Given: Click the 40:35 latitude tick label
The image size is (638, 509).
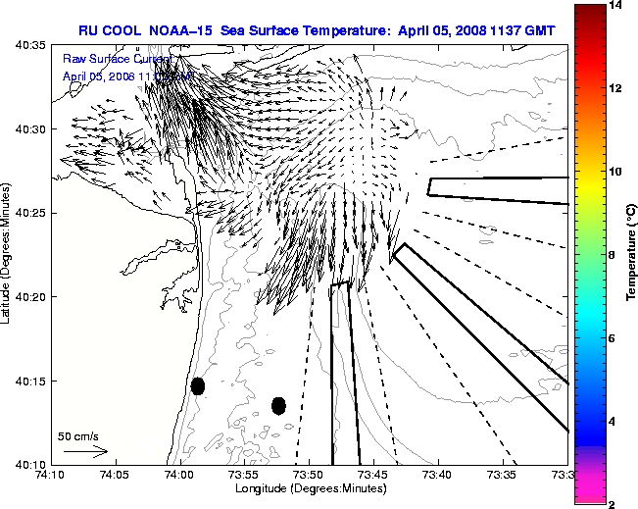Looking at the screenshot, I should pos(32,45).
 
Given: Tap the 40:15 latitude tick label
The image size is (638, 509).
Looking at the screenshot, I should pos(32,381).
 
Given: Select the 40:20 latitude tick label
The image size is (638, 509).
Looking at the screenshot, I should pos(32,297).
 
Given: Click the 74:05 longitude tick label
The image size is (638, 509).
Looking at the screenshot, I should pos(115,475).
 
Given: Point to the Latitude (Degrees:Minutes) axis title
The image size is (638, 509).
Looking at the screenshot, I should pos(9,255).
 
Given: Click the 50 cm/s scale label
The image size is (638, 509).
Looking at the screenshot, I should pos(78,435).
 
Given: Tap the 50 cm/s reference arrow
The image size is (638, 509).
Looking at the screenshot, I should pos(85,452).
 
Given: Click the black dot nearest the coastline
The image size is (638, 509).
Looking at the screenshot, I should pos(198,385).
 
